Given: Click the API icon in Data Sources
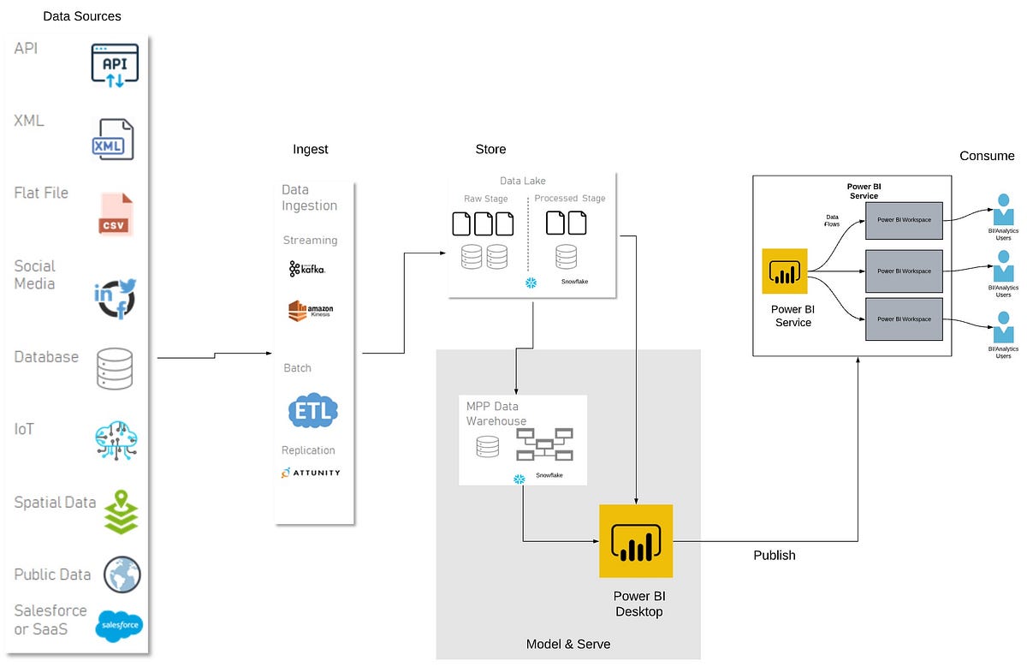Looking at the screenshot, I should [x=115, y=64].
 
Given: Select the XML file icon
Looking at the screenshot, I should [x=114, y=140].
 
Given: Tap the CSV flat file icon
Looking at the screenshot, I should [x=115, y=214].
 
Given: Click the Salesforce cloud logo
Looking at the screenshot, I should [x=120, y=626].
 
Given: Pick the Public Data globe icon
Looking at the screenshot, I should [x=122, y=574].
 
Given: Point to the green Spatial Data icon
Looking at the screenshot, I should [x=121, y=511].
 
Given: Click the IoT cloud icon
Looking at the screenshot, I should [x=116, y=441].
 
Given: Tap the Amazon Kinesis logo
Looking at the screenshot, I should [x=310, y=311].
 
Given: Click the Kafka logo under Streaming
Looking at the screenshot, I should [x=307, y=269].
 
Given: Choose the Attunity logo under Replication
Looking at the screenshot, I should [x=310, y=473].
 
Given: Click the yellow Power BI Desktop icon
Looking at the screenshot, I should [x=636, y=541].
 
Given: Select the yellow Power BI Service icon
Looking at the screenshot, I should [x=785, y=271].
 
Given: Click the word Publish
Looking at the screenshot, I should [x=775, y=556].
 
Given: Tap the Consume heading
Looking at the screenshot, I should [x=987, y=156].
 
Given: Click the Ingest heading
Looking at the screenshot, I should [x=310, y=149].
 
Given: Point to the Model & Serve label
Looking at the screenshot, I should [x=568, y=644].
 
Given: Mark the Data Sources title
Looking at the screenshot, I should [x=82, y=16].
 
